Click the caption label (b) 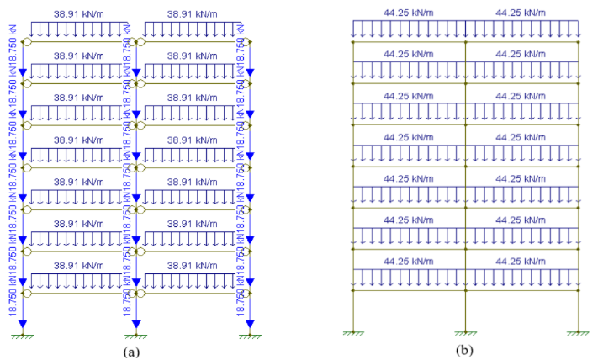click(x=463, y=349)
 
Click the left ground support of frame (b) click(x=352, y=334)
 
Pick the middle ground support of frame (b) click(x=465, y=334)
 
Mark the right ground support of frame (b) click(x=579, y=334)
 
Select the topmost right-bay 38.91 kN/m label click(x=193, y=14)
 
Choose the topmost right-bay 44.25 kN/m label click(x=522, y=13)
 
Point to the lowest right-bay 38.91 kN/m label click(x=193, y=265)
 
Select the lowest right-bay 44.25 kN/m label click(x=522, y=262)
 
